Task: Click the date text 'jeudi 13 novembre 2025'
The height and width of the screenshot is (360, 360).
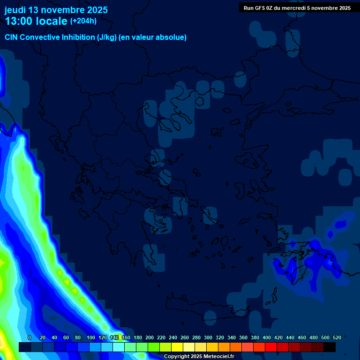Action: pos(56,10)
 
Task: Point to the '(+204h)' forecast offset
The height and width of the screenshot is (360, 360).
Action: pos(83,21)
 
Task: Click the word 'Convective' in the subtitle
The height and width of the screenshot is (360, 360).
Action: pos(40,37)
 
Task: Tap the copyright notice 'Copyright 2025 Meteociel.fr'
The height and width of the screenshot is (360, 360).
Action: pos(199,357)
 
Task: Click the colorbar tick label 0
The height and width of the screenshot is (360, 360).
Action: pos(30,337)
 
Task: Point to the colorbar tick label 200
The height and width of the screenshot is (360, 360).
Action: pos(150,337)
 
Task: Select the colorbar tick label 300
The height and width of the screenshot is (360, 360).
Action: pos(208,337)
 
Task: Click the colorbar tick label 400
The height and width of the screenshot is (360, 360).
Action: pos(267,337)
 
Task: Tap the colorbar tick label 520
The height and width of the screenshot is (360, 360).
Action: pos(337,337)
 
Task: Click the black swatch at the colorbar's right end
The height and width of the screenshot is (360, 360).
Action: pos(330,347)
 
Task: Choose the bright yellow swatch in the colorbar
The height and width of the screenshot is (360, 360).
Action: pos(177,347)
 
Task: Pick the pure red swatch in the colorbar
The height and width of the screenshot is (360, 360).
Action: pos(271,347)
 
